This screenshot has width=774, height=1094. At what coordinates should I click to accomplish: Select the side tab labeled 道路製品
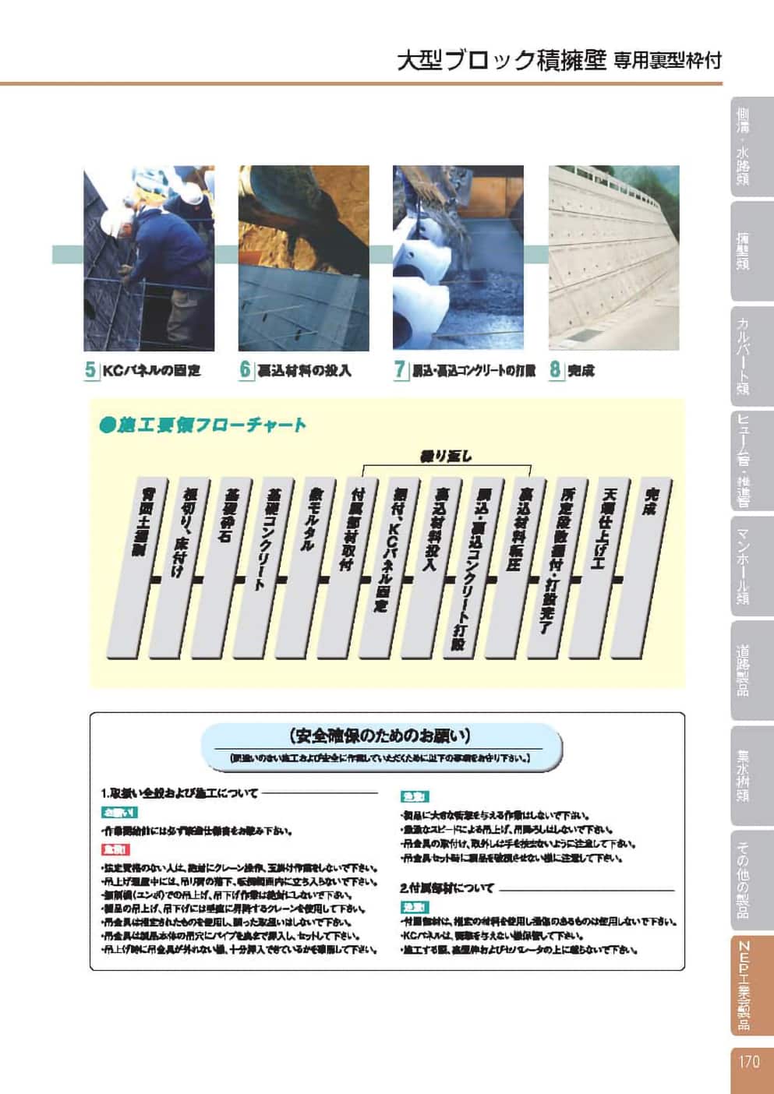point(744,669)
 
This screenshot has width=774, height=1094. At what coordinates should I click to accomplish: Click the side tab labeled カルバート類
point(744,355)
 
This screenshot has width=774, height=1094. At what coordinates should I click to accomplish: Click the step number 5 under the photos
point(90,370)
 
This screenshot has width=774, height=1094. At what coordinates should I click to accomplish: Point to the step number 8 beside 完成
point(555,370)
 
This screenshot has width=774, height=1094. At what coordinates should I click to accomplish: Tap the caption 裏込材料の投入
point(304,371)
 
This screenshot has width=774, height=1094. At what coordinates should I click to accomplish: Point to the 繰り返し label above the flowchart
point(446,457)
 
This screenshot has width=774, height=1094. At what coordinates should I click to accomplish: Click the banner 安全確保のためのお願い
point(380,736)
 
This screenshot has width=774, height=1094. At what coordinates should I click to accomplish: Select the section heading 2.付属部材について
point(447,888)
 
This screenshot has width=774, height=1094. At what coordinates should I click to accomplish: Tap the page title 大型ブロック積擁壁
point(501,61)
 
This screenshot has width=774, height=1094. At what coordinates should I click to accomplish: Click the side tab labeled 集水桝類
point(744,775)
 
